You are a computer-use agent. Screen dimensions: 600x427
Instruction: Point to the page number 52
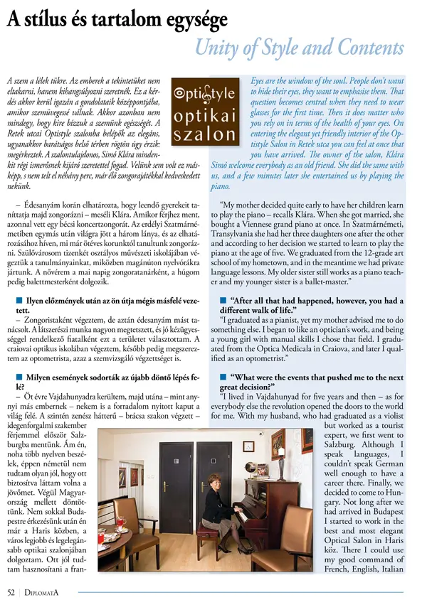pos(11,590)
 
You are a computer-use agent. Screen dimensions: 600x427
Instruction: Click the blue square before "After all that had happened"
pos(224,301)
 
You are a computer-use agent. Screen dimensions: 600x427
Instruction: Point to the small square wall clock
pos(248,446)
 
